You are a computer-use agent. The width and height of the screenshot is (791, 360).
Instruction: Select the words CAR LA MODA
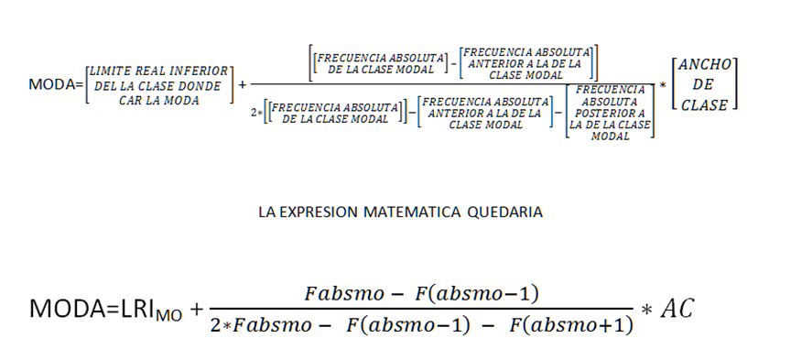pos(157,100)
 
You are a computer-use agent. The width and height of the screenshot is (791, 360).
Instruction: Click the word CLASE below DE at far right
pos(704,104)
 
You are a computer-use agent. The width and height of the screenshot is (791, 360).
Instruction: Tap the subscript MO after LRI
pos(168,317)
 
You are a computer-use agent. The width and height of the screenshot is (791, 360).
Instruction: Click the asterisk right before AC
pos(646,311)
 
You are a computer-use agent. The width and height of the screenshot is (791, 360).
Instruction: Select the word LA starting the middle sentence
pos(267,212)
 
